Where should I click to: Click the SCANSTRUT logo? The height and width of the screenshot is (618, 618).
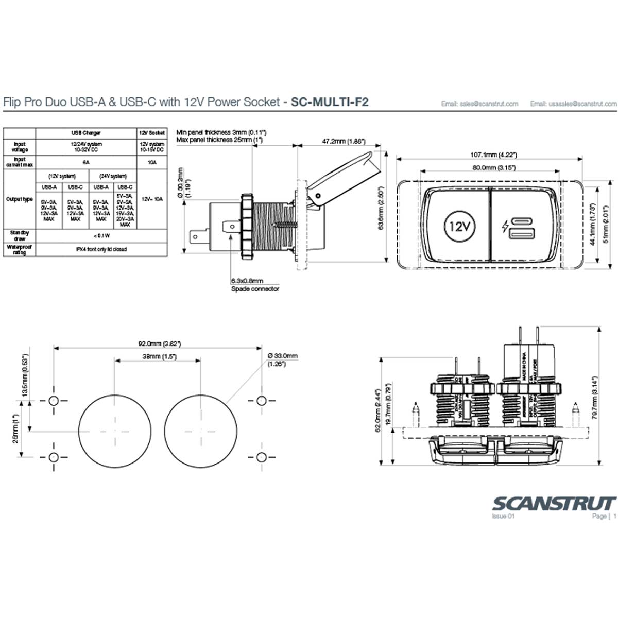pyautogui.click(x=554, y=503)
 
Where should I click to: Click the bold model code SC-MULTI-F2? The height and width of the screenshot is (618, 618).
pyautogui.click(x=330, y=102)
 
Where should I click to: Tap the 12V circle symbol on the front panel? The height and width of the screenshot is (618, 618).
pyautogui.click(x=459, y=226)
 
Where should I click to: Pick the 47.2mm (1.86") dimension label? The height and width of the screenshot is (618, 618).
pyautogui.click(x=343, y=141)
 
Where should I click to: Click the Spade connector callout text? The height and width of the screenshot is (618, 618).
pyautogui.click(x=255, y=289)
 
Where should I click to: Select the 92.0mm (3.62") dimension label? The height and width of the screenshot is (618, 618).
pyautogui.click(x=159, y=344)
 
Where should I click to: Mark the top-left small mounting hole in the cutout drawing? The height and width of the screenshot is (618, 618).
pyautogui.click(x=54, y=401)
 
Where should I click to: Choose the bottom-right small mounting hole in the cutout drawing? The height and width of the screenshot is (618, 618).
pyautogui.click(x=261, y=457)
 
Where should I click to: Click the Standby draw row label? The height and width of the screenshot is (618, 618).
pyautogui.click(x=20, y=235)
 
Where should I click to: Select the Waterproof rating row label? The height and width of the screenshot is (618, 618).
pyautogui.click(x=20, y=250)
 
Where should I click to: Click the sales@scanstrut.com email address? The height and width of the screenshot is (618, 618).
pyautogui.click(x=479, y=104)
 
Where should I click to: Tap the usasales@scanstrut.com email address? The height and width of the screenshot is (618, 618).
pyautogui.click(x=573, y=104)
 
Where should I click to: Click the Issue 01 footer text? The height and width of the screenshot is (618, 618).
pyautogui.click(x=503, y=516)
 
